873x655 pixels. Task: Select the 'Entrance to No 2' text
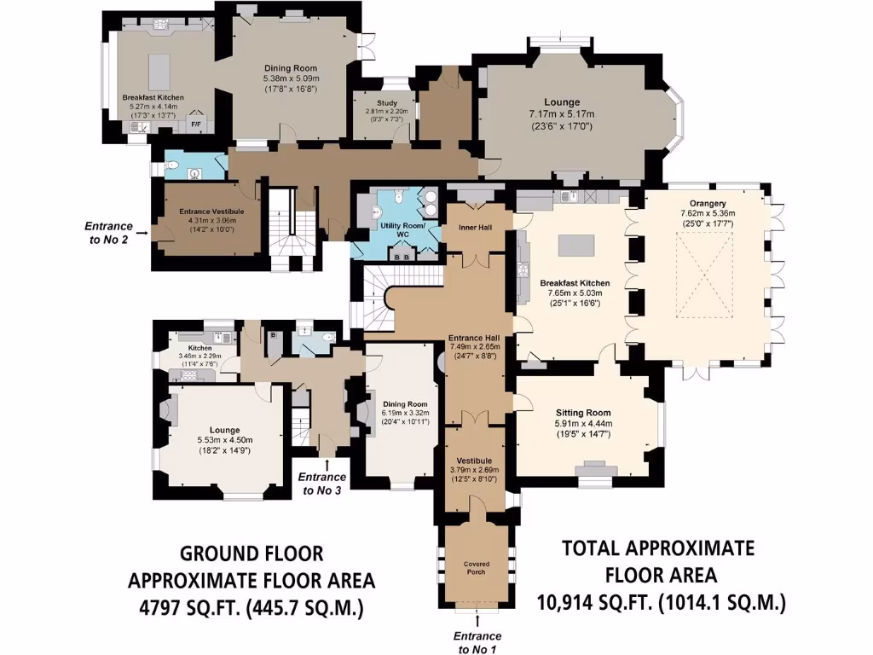coord(108,233)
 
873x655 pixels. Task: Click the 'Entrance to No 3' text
coord(321,484)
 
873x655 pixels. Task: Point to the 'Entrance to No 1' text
coord(477,642)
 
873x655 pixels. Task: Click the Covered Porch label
coord(477,568)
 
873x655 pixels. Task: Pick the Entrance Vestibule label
coord(211,211)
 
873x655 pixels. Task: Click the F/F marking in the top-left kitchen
coord(195,125)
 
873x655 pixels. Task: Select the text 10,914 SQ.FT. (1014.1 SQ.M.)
coord(662,603)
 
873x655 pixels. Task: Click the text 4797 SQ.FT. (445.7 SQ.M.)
coord(251,609)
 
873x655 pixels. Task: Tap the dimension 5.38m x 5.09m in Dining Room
coord(290,78)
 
